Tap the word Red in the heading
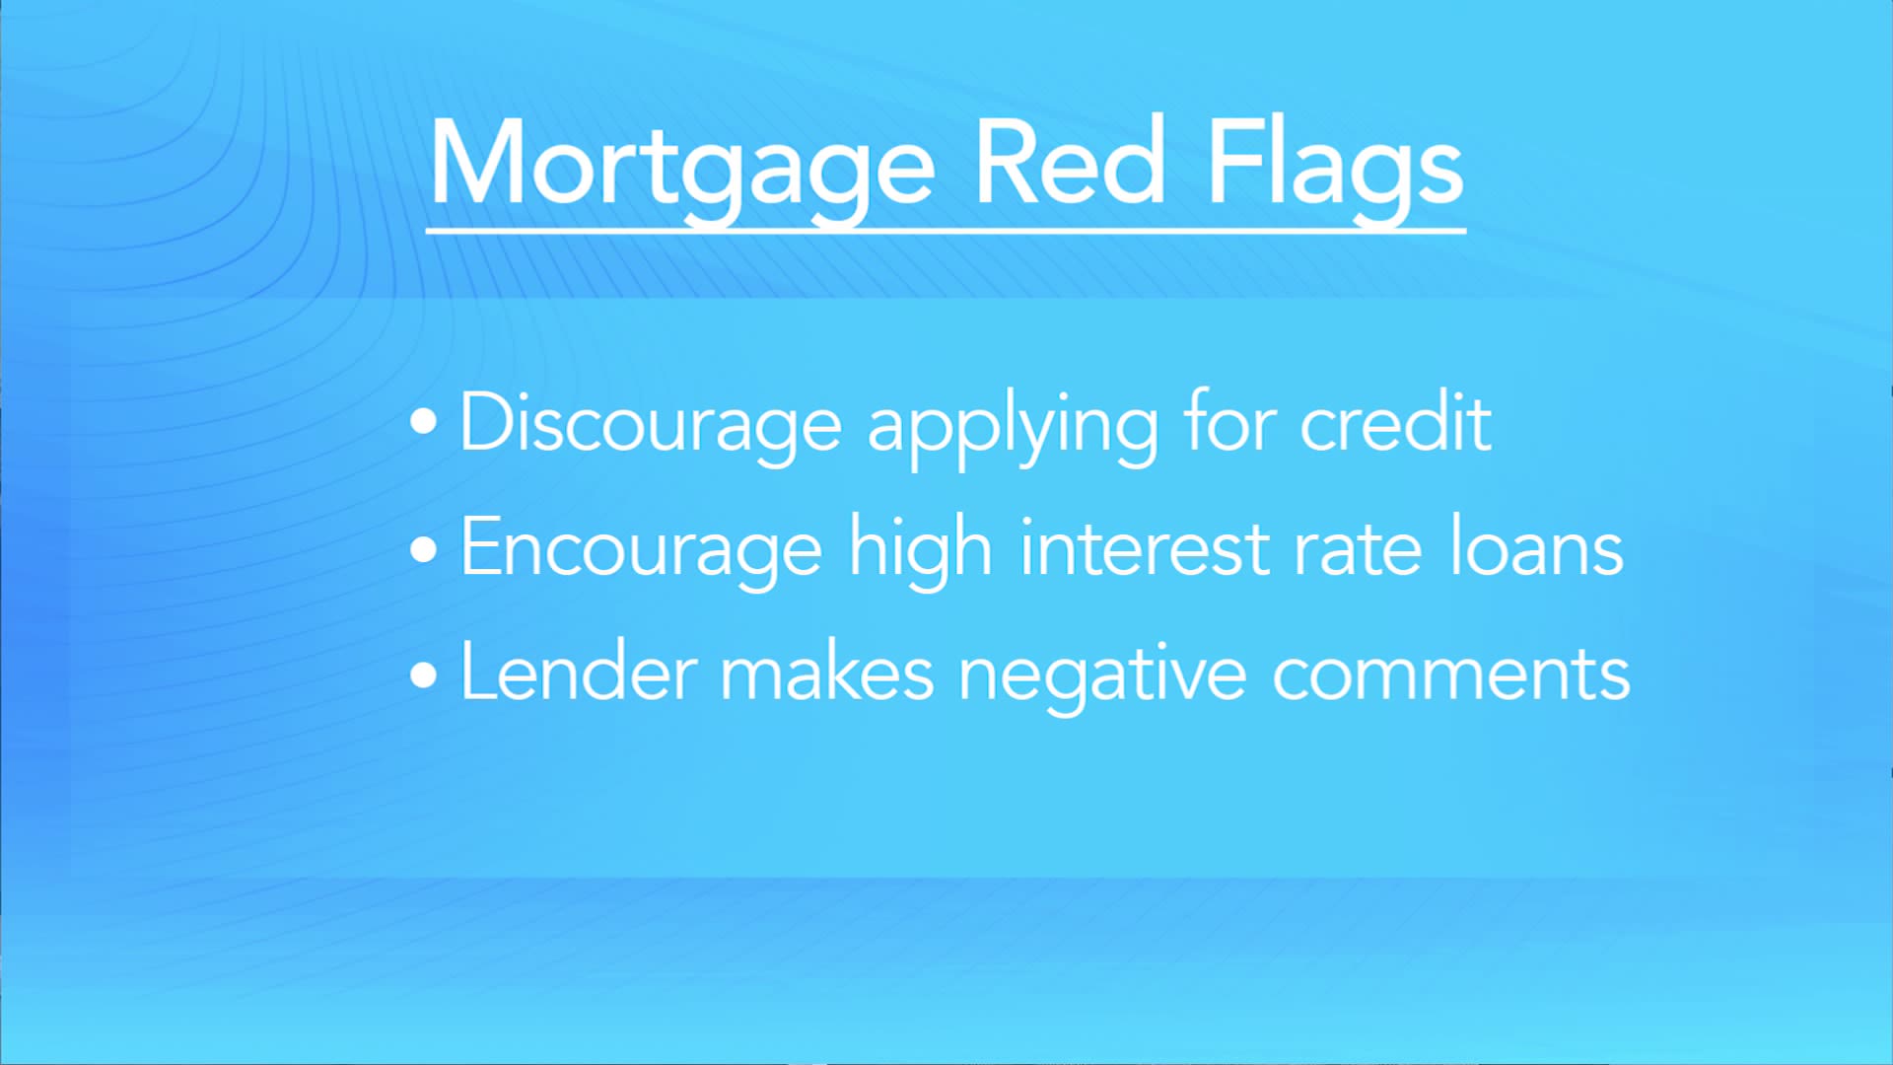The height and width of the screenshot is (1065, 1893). [x=1070, y=160]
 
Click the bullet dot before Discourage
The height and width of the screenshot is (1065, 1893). [x=424, y=422]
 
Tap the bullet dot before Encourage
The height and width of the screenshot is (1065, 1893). [x=424, y=548]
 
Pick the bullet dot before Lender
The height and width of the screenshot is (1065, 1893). [x=424, y=674]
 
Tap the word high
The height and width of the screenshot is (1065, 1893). [x=920, y=550]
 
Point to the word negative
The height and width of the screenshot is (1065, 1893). [x=1103, y=676]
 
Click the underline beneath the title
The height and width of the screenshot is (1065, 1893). [x=946, y=231]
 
